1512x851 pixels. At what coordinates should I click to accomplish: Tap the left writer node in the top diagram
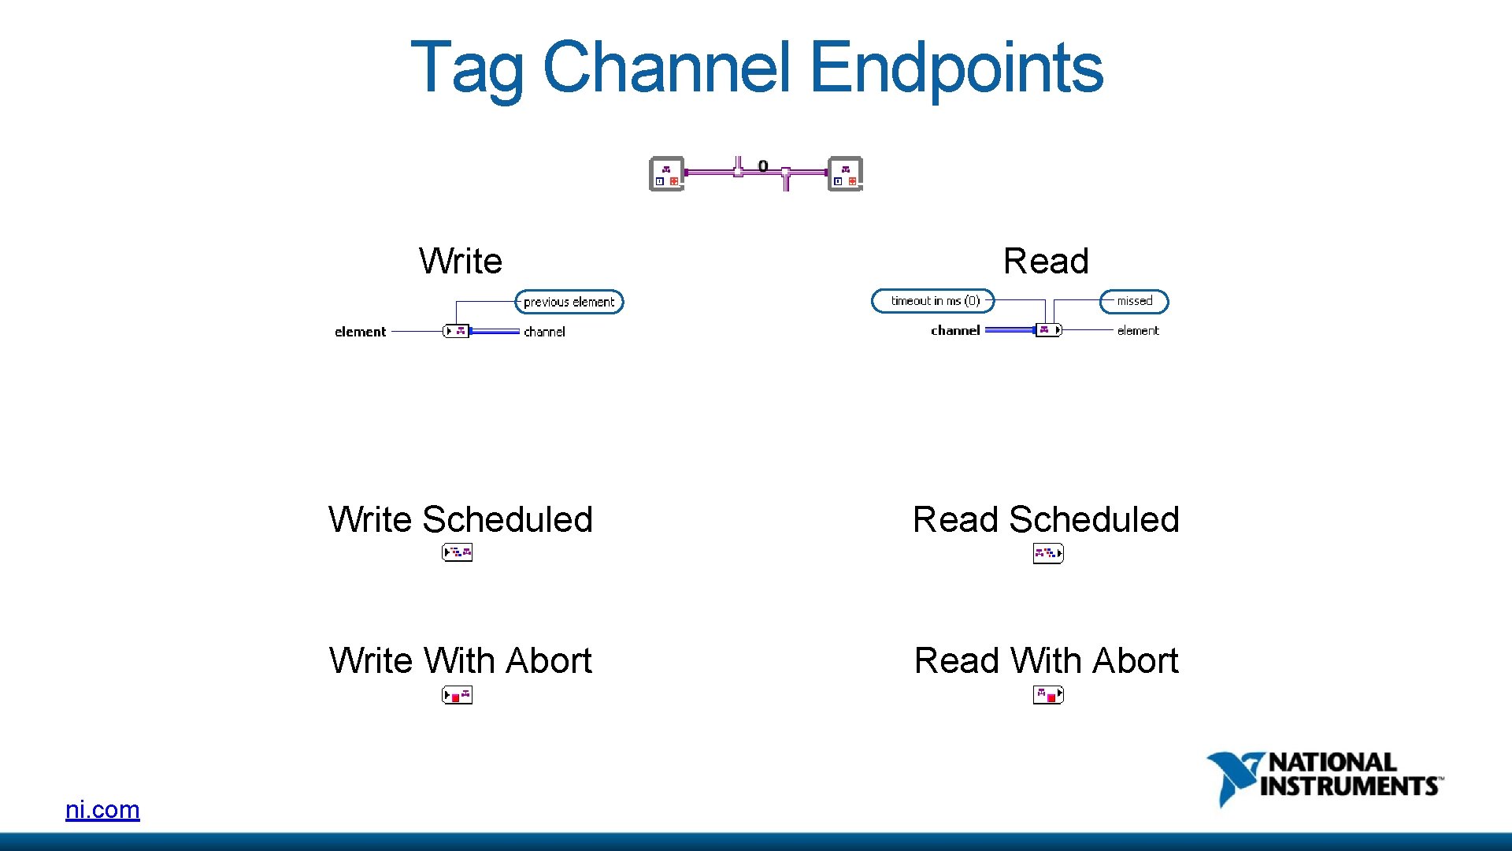pos(666,174)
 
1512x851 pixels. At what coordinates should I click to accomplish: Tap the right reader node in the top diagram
pos(845,174)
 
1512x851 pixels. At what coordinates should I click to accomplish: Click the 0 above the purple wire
pos(762,165)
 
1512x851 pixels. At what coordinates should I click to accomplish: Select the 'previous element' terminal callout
pos(569,302)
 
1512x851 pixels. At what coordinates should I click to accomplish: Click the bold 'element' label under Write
pos(360,332)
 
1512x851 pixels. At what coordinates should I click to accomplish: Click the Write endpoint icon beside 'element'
pos(457,331)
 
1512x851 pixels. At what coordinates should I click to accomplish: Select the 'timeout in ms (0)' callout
pos(934,301)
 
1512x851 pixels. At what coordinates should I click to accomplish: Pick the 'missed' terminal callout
pos(1134,301)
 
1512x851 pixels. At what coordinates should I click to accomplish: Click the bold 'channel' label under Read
pos(955,331)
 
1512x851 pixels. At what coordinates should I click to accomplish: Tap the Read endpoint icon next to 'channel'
pos(1048,330)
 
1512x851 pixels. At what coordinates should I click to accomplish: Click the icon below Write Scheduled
pos(457,553)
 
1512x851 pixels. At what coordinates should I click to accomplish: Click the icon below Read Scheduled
pos(1048,554)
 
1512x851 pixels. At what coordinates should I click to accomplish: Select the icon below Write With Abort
pos(457,695)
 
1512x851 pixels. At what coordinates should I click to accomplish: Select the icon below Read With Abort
pos(1048,695)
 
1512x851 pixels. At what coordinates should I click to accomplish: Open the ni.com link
pos(102,809)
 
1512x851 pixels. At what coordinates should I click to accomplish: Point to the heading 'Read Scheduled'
pos(1046,520)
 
